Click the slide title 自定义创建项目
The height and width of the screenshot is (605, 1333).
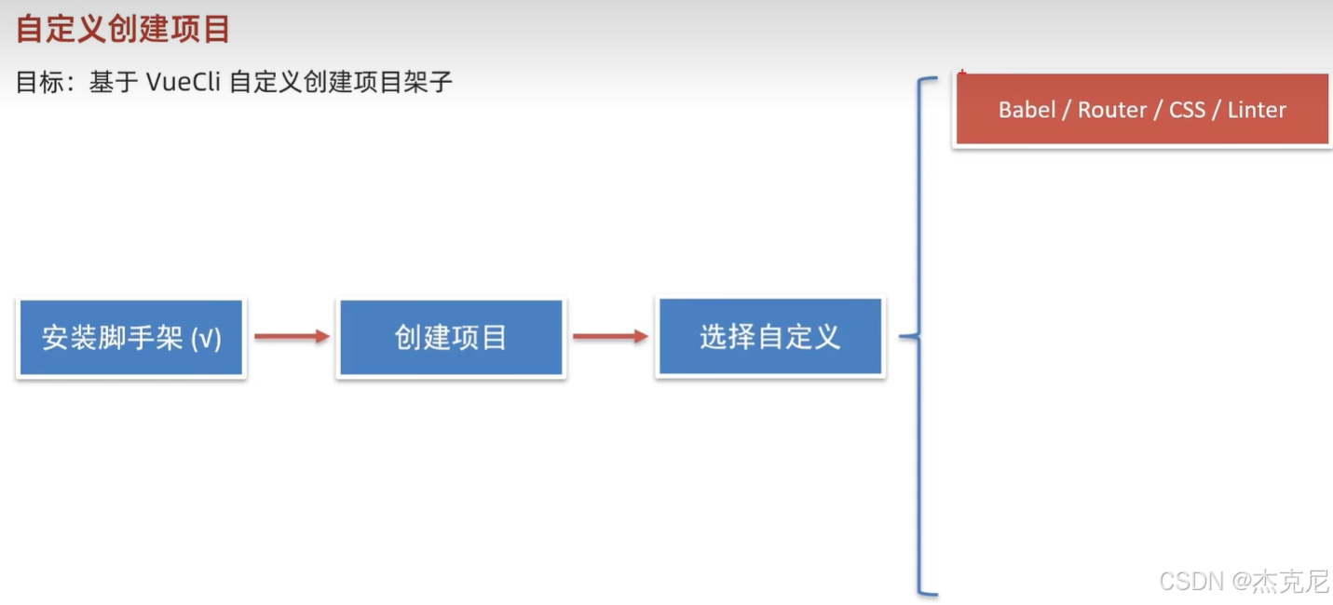click(x=123, y=29)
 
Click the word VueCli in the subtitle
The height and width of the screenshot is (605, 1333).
click(x=183, y=82)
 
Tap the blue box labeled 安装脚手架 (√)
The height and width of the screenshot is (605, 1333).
click(x=131, y=337)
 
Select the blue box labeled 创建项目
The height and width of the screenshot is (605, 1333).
click(x=451, y=337)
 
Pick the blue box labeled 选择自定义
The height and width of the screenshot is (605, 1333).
click(x=769, y=337)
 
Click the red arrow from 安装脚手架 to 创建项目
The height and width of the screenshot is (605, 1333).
click(x=292, y=337)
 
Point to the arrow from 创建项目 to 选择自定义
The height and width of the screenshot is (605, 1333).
click(x=610, y=337)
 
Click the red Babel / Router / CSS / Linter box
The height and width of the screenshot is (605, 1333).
click(x=1142, y=110)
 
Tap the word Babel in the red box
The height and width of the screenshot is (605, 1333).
click(x=1026, y=110)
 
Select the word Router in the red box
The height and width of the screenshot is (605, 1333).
click(x=1112, y=110)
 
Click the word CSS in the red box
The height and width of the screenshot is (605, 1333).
click(x=1187, y=110)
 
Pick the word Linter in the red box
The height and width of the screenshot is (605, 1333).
click(x=1257, y=110)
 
